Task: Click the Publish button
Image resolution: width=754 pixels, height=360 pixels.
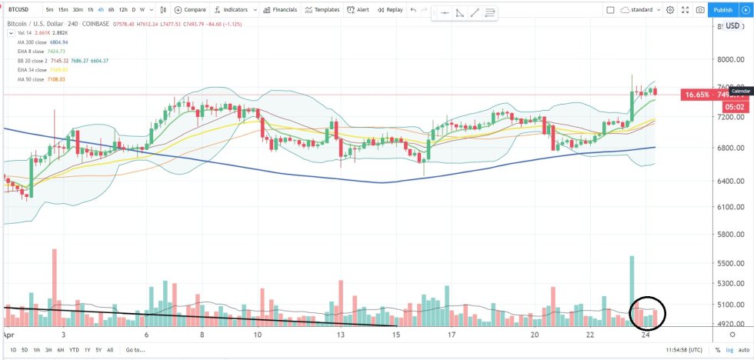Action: pos(722,10)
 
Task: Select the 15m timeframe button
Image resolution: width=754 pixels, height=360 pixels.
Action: pos(62,10)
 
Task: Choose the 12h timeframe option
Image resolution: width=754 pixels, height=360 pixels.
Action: pos(123,10)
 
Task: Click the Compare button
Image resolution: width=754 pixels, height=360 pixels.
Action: pos(189,10)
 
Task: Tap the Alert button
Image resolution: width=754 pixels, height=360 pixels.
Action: pos(359,10)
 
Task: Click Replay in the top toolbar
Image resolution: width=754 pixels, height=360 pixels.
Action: pos(390,10)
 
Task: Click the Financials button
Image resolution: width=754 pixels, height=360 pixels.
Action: pos(279,10)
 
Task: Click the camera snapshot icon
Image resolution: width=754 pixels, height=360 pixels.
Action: pos(700,10)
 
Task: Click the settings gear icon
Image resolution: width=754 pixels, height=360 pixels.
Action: pos(670,10)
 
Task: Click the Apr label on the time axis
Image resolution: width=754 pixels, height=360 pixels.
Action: pos(8,335)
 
